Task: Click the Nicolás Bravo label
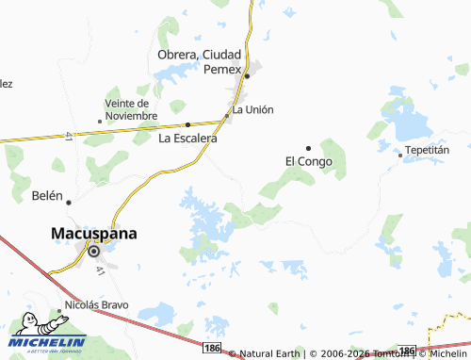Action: coord(94,306)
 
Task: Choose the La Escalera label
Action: coord(187,138)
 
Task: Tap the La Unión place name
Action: coord(252,109)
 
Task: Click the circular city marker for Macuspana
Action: coord(95,251)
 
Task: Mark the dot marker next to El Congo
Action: coord(308,147)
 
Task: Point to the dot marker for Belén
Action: coord(68,201)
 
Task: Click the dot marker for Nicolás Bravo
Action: coord(58,308)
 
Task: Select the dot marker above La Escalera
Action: coord(187,124)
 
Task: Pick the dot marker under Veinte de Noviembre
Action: coord(100,122)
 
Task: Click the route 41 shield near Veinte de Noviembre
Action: coord(71,139)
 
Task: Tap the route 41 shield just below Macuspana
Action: coord(99,270)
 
